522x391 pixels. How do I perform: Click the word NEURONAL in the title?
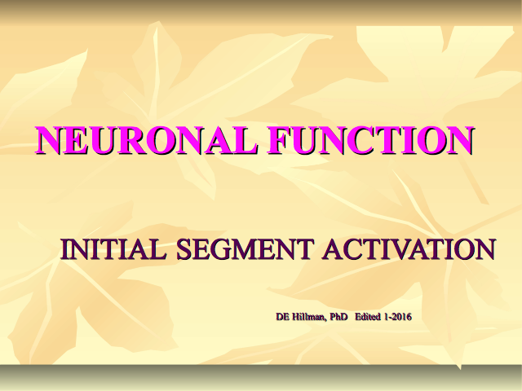pos(146,140)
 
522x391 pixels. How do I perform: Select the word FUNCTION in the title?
pos(371,140)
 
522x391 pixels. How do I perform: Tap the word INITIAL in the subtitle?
pos(113,249)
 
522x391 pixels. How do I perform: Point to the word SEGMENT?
pos(245,249)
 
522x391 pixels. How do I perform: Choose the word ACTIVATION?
pos(409,249)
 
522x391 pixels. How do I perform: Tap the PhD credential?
pos(338,317)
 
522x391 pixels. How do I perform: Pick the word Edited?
pos(368,317)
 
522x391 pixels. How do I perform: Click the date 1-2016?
pos(398,317)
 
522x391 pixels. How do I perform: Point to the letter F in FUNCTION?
pos(278,140)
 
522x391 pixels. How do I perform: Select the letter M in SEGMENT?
pos(255,249)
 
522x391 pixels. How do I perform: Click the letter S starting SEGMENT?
pos(185,249)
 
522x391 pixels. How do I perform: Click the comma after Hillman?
pos(325,319)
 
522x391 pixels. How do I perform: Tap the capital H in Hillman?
pos(295,317)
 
